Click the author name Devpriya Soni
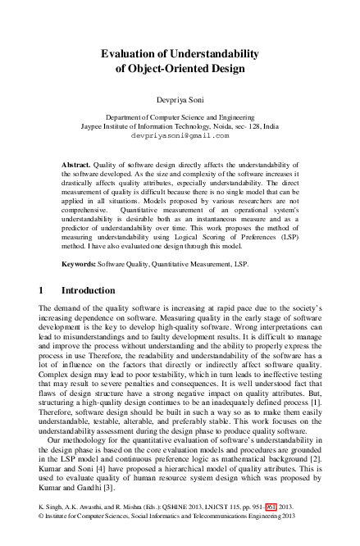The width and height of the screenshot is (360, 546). point(180,98)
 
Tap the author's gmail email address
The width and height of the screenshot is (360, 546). point(180,137)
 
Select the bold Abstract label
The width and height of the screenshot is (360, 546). point(76,165)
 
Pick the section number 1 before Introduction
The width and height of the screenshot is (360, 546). point(42,290)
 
